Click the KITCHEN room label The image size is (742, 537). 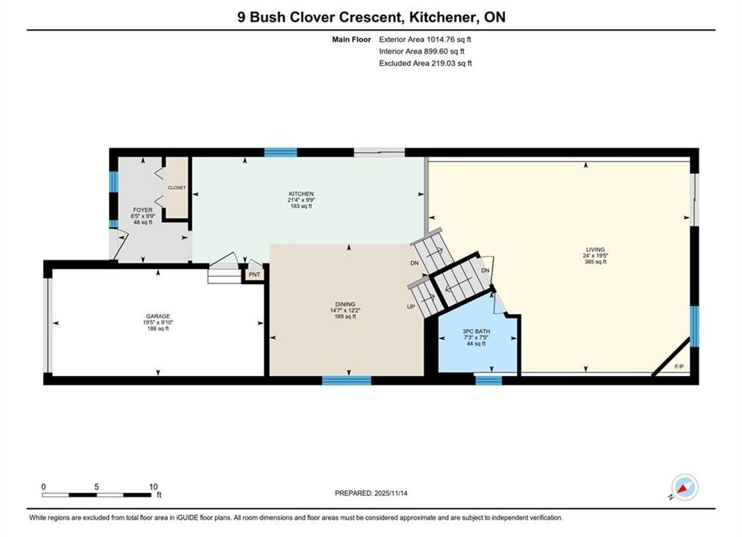point(301,194)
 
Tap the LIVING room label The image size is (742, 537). point(595,249)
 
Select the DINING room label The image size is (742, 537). point(345,304)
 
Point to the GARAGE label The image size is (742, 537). point(158,316)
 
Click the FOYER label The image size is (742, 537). point(142,210)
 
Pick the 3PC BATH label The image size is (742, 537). point(476,332)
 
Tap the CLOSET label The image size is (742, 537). point(177,188)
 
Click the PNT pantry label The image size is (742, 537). point(254,274)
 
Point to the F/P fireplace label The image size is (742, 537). point(679,367)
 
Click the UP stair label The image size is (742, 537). point(411,307)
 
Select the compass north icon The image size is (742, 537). point(685,487)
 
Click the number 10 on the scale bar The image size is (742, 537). point(154,486)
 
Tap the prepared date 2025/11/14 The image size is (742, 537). point(391,493)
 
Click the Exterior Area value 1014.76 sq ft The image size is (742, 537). point(449,40)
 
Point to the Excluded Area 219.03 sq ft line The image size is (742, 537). point(425,63)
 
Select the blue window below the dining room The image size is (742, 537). point(347,380)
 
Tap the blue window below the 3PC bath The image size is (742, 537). point(488,380)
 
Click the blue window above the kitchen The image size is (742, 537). point(280,152)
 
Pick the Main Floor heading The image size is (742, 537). point(351,40)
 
